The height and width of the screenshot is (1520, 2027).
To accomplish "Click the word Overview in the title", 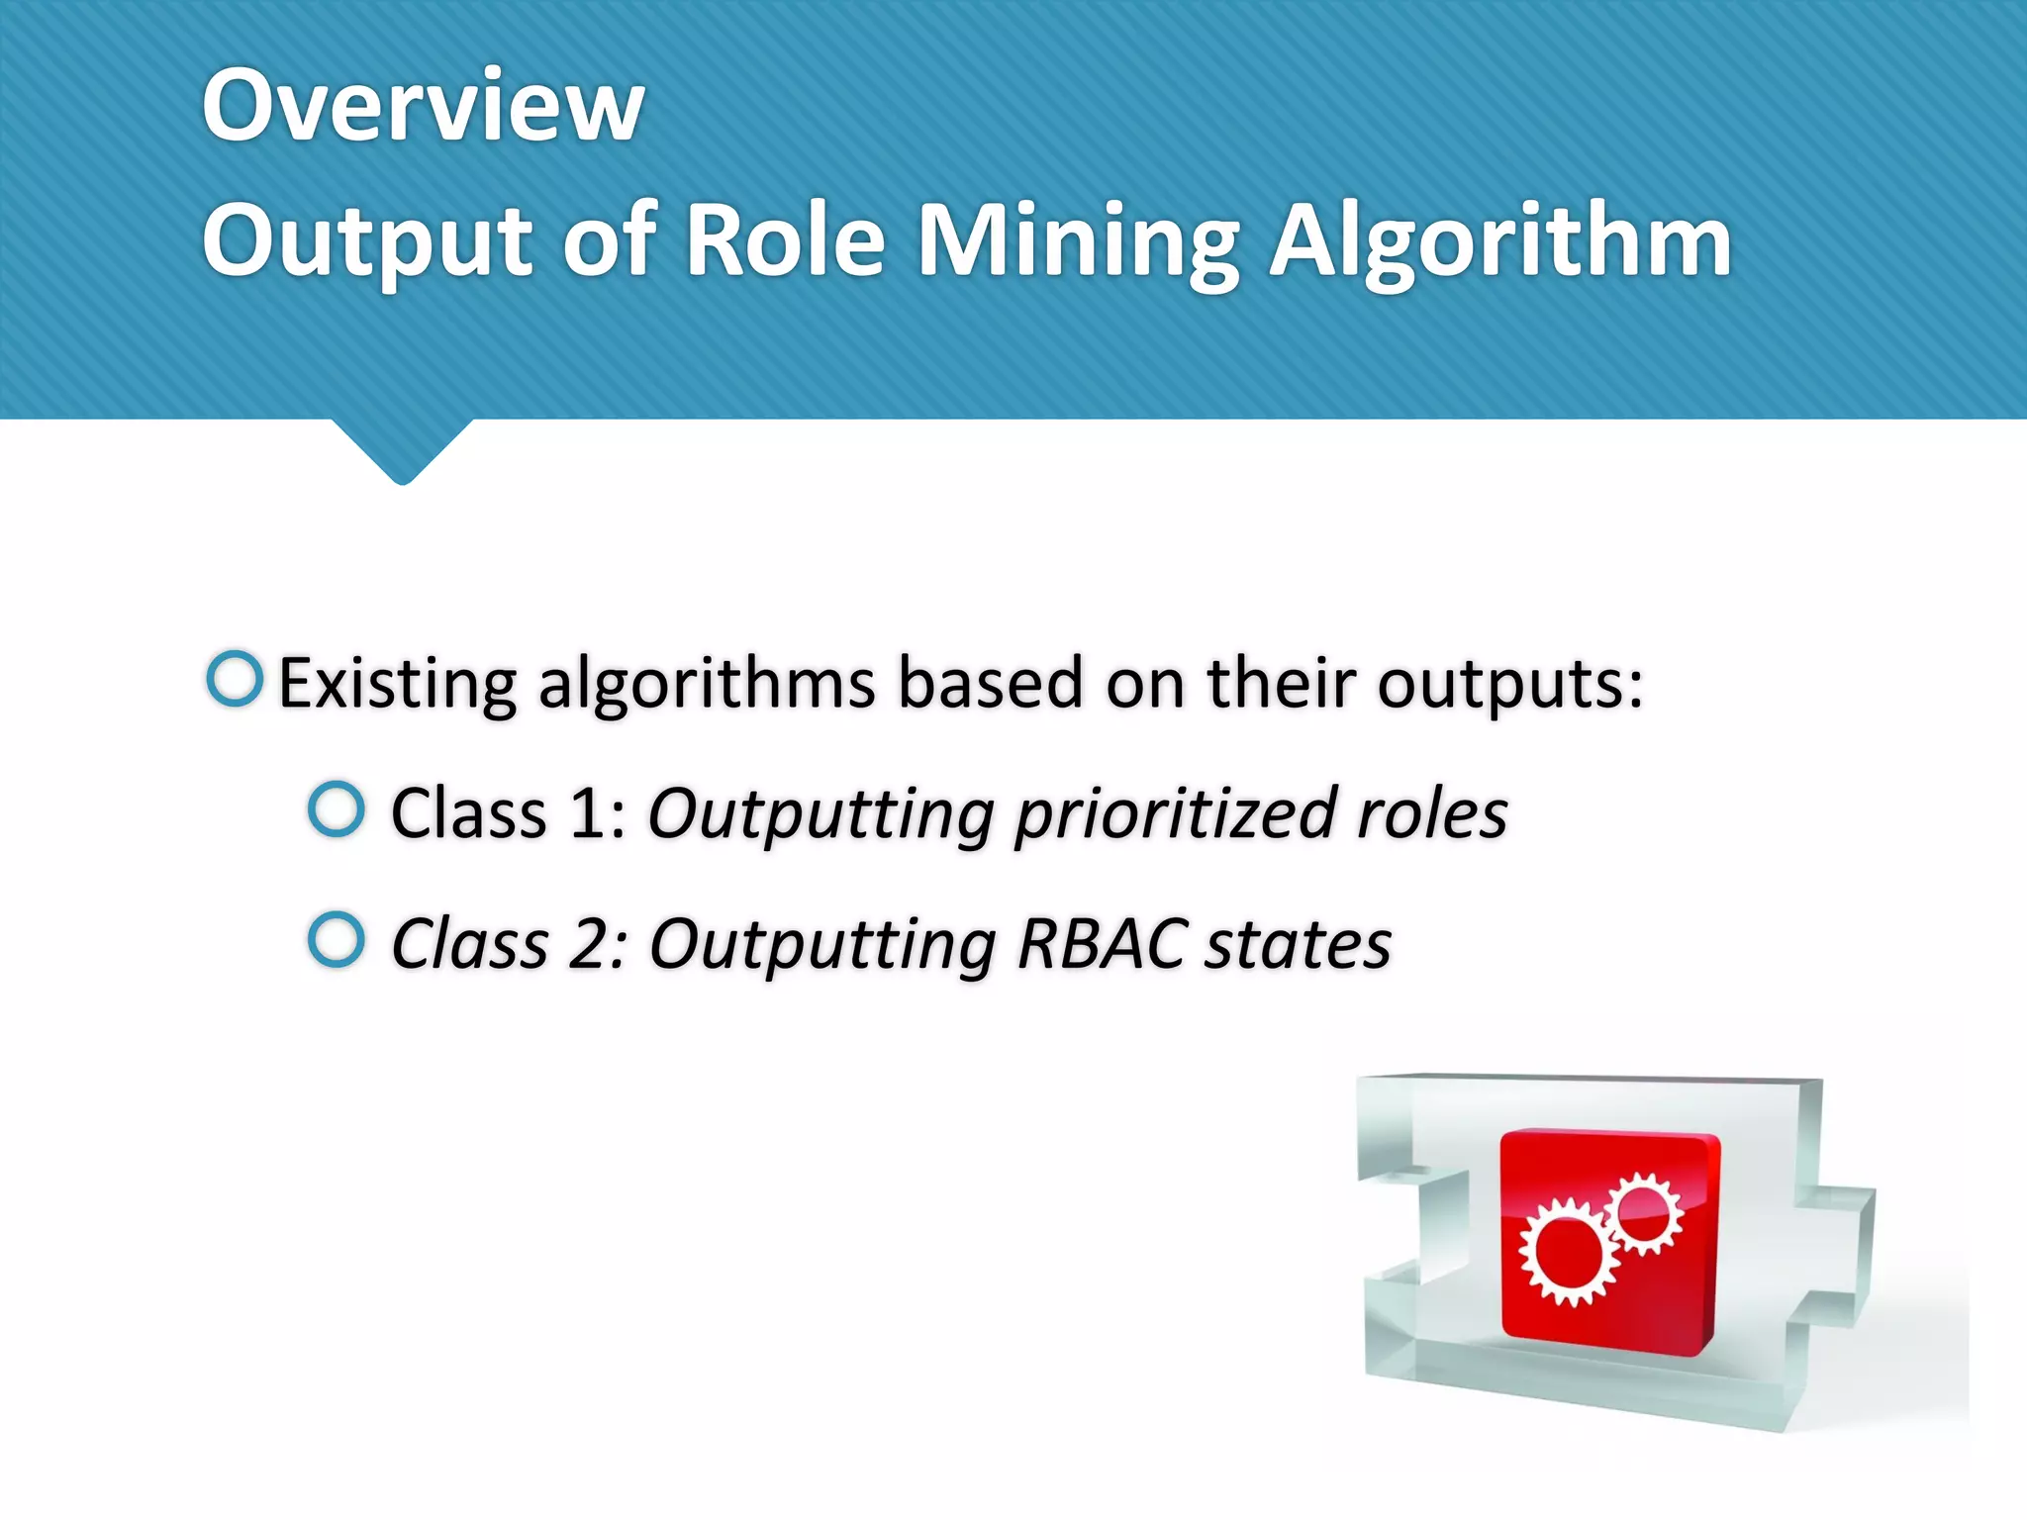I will pyautogui.click(x=424, y=105).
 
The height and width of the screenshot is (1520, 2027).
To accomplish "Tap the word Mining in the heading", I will pyautogui.click(x=1078, y=242).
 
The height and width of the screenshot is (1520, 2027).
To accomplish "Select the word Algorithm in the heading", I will pyautogui.click(x=1500, y=242).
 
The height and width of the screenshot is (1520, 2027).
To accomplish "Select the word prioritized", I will pyautogui.click(x=1176, y=816).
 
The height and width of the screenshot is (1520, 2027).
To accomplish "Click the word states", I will pyautogui.click(x=1299, y=945).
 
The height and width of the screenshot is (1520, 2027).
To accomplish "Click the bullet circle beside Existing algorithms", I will pyautogui.click(x=236, y=679).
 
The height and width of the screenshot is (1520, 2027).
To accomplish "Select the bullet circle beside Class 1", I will pyautogui.click(x=337, y=809).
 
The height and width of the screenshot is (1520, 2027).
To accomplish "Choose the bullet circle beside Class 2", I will pyautogui.click(x=337, y=939).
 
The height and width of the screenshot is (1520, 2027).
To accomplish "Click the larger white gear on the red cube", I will pyautogui.click(x=1567, y=1251).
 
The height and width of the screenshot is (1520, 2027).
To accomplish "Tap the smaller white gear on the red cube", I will pyautogui.click(x=1643, y=1213).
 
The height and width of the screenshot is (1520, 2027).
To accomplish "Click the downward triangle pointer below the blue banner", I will pyautogui.click(x=402, y=451).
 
